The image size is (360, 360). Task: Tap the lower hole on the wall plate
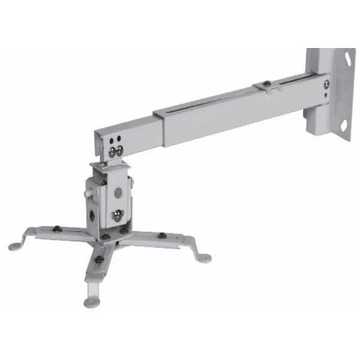click(344, 126)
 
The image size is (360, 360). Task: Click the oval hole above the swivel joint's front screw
click(118, 193)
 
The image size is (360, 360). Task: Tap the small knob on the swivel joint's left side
click(88, 194)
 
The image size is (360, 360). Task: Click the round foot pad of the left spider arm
click(14, 246)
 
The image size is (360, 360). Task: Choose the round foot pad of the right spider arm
click(205, 259)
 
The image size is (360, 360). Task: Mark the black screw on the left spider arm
click(57, 228)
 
